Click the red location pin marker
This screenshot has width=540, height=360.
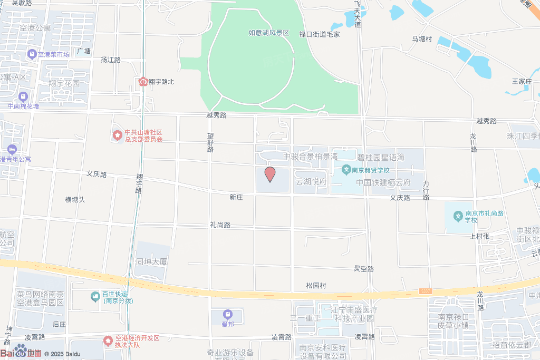tap(270, 173)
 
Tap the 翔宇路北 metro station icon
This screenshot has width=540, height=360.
tap(143, 82)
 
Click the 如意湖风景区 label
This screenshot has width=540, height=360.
tap(269, 33)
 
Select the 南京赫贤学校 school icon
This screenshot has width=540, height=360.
tap(346, 170)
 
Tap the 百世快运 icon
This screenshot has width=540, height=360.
tap(95, 297)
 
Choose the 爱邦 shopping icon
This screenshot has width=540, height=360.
tap(228, 315)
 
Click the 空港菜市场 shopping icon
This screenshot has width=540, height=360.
tap(32, 54)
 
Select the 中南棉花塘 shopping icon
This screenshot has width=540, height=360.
tap(23, 97)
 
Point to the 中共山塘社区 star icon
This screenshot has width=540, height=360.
tap(117, 135)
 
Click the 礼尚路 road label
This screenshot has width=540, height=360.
tap(220, 225)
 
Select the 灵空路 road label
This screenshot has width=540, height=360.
tap(364, 269)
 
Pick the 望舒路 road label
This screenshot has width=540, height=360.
tap(210, 142)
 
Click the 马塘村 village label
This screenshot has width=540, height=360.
tap(422, 39)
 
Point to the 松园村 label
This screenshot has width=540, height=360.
tap(316, 286)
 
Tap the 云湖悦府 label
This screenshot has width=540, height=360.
tap(311, 182)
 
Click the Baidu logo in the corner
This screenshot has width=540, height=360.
tap(21, 353)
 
